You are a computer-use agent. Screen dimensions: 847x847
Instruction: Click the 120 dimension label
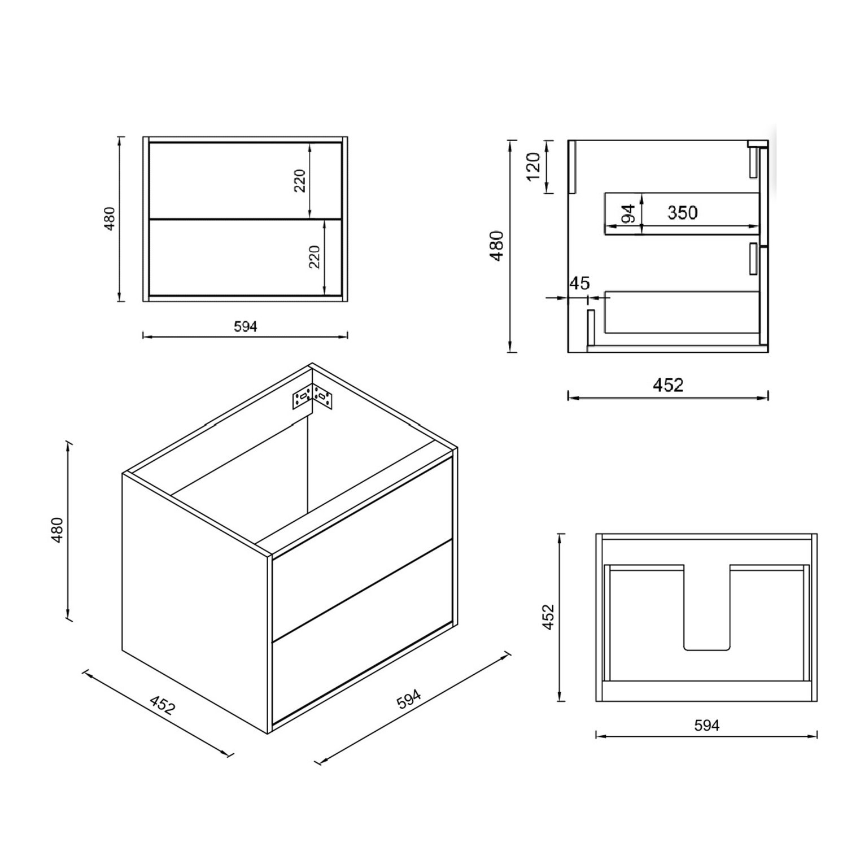(x=534, y=167)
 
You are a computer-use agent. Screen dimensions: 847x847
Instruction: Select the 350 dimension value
(x=682, y=213)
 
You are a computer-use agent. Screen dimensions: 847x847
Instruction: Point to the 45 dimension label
(x=579, y=283)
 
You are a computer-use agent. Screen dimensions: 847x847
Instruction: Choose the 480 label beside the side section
(x=496, y=246)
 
